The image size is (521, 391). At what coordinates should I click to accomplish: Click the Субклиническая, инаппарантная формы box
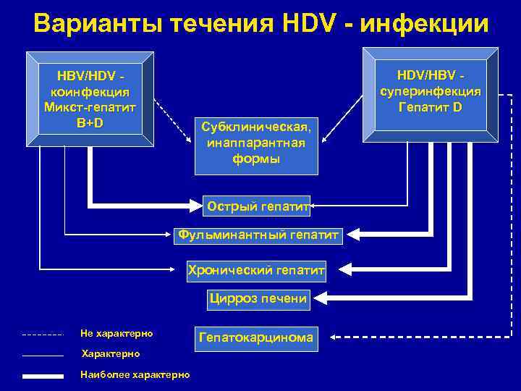257,142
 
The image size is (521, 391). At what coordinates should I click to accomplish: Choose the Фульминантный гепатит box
258,235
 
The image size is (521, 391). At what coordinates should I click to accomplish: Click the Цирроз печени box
258,298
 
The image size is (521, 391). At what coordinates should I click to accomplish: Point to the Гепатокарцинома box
256,337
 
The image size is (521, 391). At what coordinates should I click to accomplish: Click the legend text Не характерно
117,334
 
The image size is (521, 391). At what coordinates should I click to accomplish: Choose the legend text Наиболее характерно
135,374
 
